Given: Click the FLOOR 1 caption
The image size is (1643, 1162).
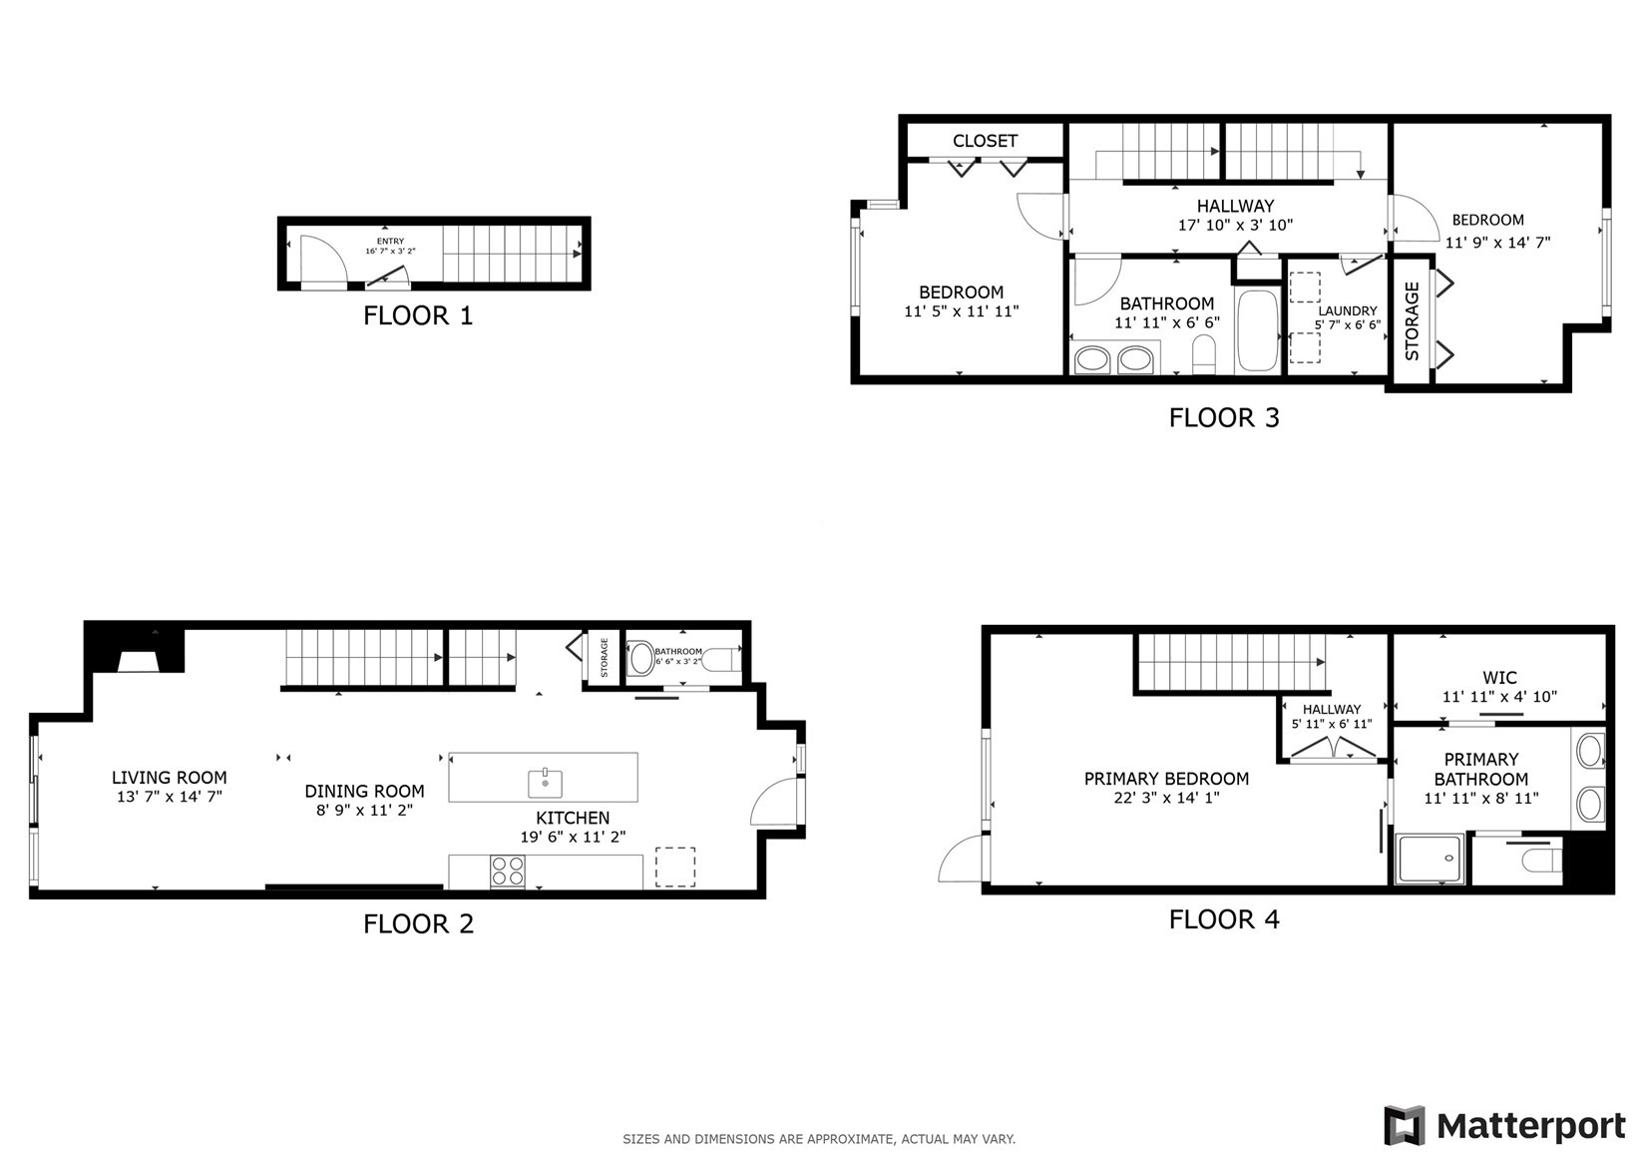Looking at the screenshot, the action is point(418,315).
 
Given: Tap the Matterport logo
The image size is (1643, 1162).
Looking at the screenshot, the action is point(1504,1125).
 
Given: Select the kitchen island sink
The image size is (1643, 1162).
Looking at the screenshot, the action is point(545,783).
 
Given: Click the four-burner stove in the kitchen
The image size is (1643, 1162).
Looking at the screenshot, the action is point(508,872).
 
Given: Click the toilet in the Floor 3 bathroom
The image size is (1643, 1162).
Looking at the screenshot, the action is point(1204,354).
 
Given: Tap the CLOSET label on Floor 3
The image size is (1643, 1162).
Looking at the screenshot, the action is point(985,141).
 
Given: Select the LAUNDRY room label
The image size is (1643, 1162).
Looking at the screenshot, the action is point(1348,311).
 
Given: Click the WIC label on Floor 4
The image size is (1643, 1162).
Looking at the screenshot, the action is point(1499,678).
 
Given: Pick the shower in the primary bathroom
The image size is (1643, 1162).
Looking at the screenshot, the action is point(1431,859).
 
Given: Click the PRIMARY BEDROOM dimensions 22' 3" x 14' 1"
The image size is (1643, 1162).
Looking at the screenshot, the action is point(1166,798).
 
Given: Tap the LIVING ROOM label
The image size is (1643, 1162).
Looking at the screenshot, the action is point(169,778).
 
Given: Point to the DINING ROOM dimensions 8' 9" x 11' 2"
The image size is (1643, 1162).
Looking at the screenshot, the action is point(364,811).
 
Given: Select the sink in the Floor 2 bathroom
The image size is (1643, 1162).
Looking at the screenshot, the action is point(641,658).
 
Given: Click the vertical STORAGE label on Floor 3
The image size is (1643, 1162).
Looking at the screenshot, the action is point(1412,321).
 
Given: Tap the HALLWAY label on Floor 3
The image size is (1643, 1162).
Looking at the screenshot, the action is point(1235,207).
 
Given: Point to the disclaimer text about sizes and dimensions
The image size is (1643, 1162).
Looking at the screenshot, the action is point(819,1139).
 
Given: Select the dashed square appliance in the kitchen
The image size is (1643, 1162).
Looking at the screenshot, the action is point(674,867).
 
